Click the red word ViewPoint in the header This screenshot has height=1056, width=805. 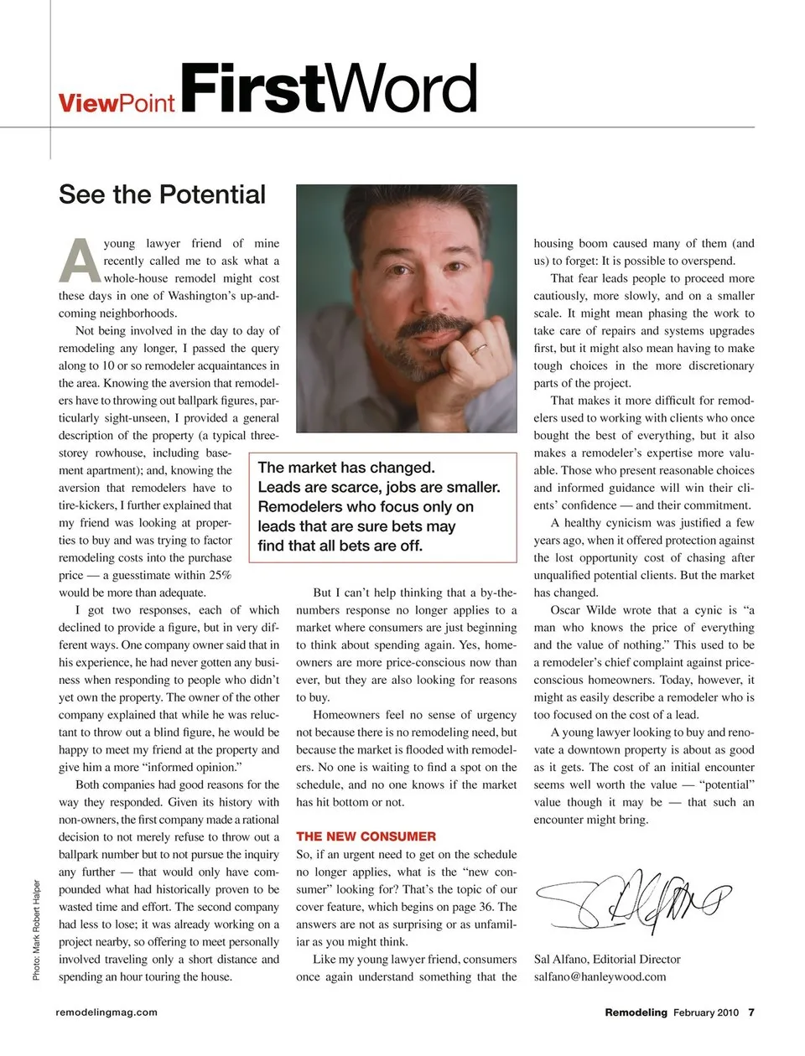[117, 103]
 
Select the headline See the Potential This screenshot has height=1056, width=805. [162, 194]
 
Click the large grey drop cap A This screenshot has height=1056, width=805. [80, 261]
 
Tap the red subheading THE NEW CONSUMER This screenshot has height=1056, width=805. [366, 836]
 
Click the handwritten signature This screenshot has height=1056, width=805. [633, 900]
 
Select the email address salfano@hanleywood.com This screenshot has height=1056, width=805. [600, 976]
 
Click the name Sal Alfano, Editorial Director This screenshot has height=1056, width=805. [607, 959]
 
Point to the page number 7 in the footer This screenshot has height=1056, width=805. [751, 1012]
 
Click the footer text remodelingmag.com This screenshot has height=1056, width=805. [106, 1012]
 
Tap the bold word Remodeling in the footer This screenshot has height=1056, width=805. [636, 1012]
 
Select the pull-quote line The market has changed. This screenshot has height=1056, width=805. [346, 468]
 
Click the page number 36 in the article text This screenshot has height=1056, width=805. [484, 907]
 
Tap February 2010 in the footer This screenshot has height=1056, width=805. [705, 1012]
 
